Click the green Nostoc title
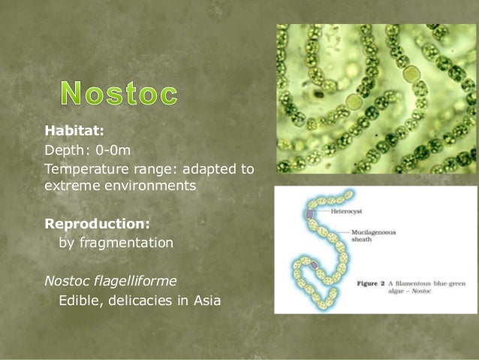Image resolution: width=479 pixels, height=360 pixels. [x=119, y=93]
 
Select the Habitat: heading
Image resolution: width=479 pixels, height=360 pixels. [x=74, y=131]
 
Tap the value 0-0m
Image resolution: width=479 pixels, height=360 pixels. [x=113, y=150]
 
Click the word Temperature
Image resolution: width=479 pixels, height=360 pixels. [x=86, y=169]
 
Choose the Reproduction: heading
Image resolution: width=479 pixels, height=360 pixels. [x=97, y=224]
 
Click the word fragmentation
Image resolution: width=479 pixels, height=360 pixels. [x=126, y=243]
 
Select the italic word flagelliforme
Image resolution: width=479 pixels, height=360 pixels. [x=135, y=281]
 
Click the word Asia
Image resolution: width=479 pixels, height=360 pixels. [x=206, y=301]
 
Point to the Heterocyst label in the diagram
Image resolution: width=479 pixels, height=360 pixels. [x=346, y=211]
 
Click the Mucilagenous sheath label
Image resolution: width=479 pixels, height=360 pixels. [x=374, y=236]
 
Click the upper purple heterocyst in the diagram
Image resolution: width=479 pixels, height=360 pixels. [x=310, y=213]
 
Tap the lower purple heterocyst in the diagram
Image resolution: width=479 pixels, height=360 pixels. [x=314, y=265]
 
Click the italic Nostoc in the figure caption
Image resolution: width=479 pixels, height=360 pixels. [x=421, y=291]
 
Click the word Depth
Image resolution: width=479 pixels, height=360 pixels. [x=64, y=150]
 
